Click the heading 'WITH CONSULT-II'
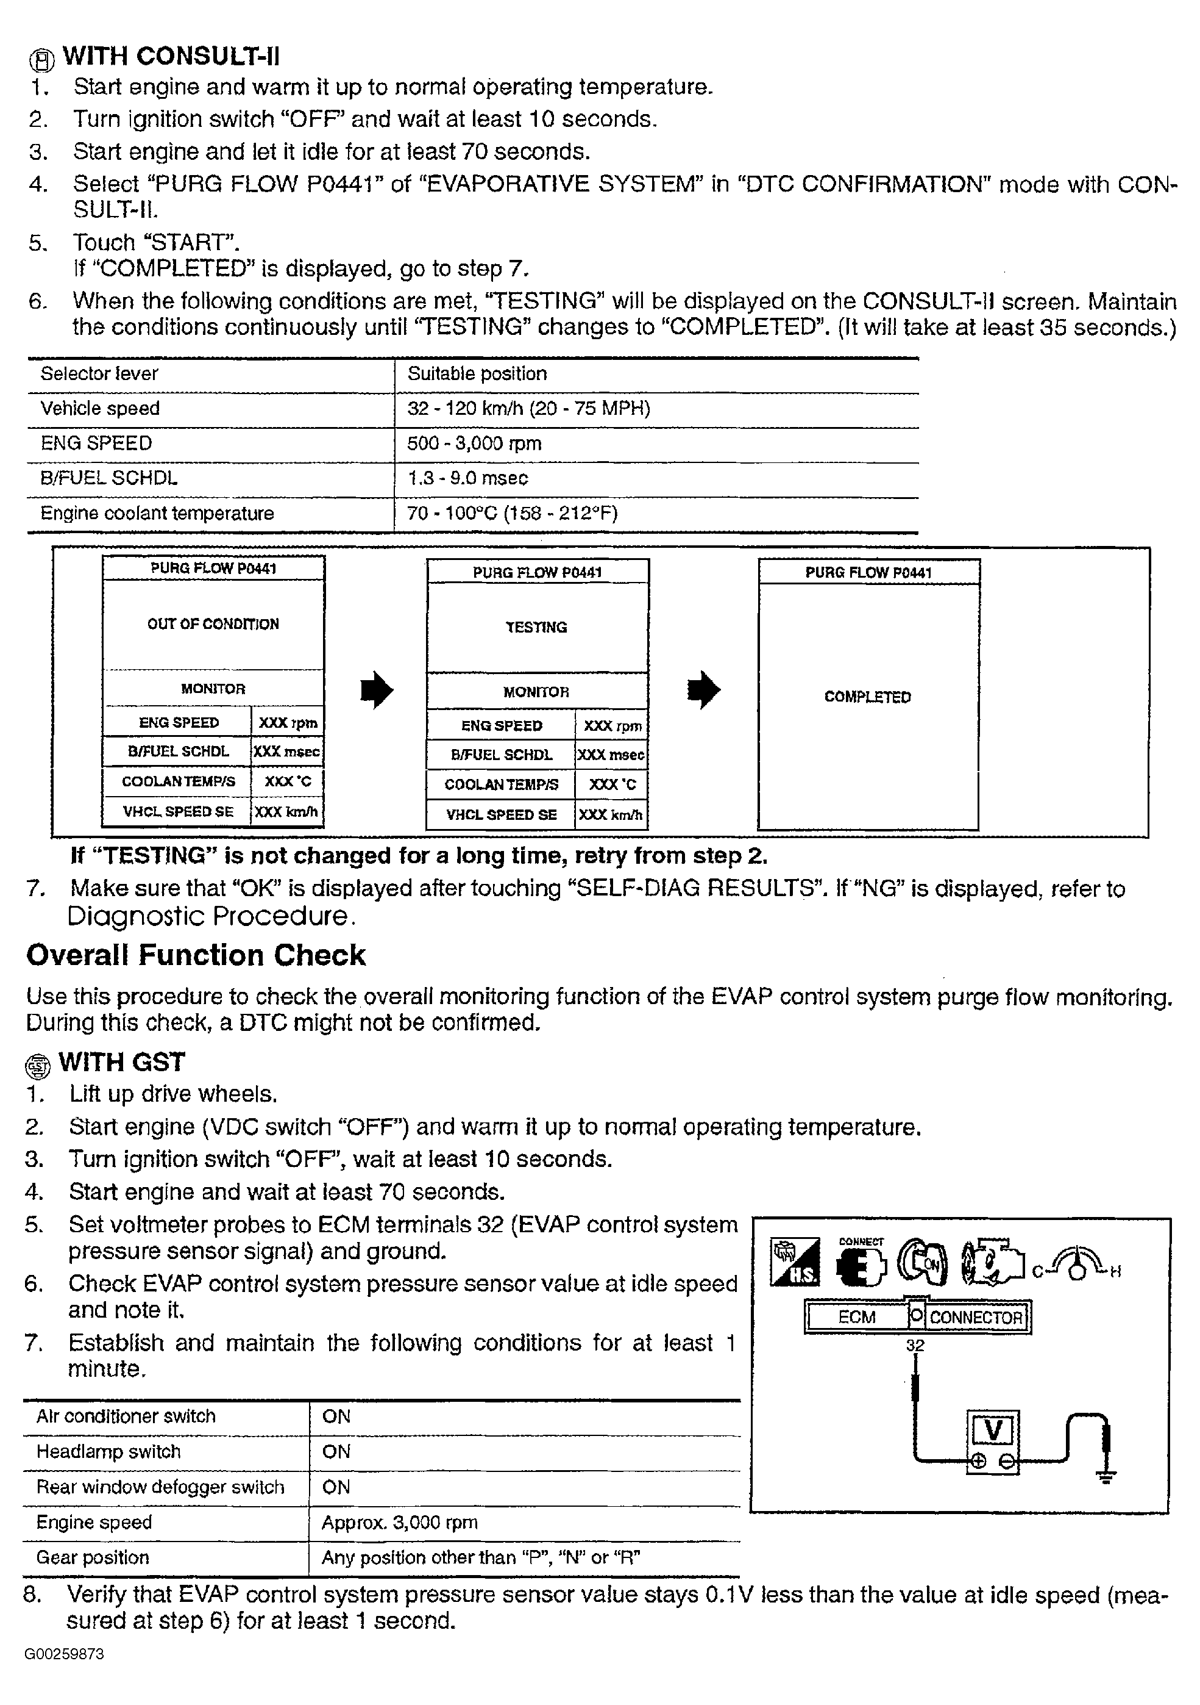(x=171, y=57)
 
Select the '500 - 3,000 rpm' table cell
(x=474, y=443)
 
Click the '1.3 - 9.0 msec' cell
(x=467, y=478)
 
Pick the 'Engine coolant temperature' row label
(x=157, y=513)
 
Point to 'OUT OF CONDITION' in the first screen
(x=213, y=624)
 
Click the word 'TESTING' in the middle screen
(x=536, y=628)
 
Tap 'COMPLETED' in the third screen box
(x=867, y=697)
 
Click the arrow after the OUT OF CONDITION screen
(x=376, y=691)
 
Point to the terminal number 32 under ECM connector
(x=915, y=1346)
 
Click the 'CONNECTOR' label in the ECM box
(x=975, y=1318)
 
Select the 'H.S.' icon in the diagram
(x=795, y=1262)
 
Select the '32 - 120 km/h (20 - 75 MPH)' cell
(x=528, y=409)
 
